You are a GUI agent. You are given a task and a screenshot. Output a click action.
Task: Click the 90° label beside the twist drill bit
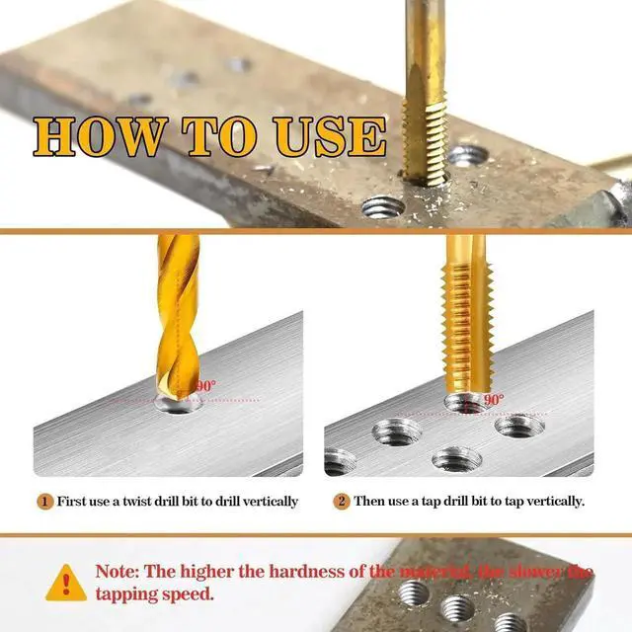pyautogui.click(x=204, y=386)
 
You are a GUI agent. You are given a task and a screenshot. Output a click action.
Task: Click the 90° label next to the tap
pyautogui.click(x=493, y=400)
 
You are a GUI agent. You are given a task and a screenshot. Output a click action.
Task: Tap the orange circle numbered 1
pyautogui.click(x=45, y=501)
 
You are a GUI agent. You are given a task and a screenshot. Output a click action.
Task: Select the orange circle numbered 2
pyautogui.click(x=341, y=501)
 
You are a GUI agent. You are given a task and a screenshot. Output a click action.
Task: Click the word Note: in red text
pyautogui.click(x=121, y=572)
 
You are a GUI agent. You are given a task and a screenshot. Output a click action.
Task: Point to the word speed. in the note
pyautogui.click(x=188, y=594)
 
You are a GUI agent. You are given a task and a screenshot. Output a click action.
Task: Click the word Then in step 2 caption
pyautogui.click(x=370, y=501)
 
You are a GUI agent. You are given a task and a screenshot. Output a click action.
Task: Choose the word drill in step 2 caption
pyautogui.click(x=467, y=501)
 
